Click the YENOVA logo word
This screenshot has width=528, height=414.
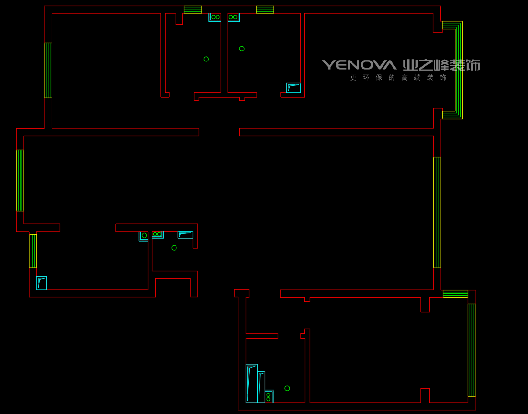point(359,65)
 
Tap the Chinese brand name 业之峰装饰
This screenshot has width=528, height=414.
point(442,65)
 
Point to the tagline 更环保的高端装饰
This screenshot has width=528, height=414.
point(398,78)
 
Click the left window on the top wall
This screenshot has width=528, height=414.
point(193,10)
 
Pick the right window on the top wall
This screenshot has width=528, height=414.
point(265,10)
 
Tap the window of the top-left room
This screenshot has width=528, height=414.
point(48,71)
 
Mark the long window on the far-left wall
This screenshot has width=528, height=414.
point(20,180)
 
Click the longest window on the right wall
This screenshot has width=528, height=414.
point(437,212)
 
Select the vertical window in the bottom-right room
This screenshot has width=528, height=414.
point(472,350)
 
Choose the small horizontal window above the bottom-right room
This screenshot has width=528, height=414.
point(456,293)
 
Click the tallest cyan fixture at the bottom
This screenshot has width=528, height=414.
point(251,384)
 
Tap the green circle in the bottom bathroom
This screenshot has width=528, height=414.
point(287,388)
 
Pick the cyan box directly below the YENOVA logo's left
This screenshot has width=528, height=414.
point(293,88)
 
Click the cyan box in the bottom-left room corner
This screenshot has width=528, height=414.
point(41,283)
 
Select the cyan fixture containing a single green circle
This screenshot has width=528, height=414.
point(144,236)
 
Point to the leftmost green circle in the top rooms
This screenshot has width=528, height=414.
point(206,59)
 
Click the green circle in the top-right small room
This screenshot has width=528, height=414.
point(242,49)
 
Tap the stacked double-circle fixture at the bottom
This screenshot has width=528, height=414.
point(269,396)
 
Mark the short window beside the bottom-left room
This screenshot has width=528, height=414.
point(32,251)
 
